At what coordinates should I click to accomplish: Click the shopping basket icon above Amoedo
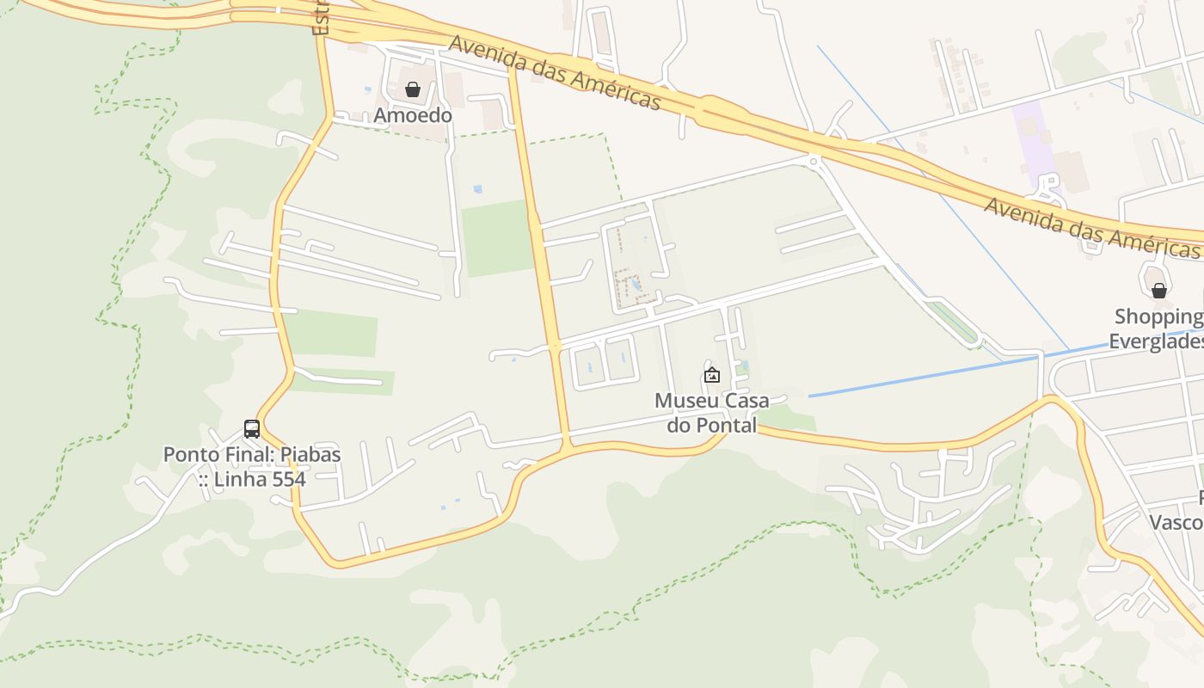[413, 89]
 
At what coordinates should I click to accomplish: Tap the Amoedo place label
[413, 115]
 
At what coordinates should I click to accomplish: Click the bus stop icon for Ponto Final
[252, 428]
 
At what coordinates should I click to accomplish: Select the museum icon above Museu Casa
[712, 375]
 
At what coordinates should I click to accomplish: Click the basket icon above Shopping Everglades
[1159, 291]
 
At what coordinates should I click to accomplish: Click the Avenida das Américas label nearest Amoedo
[555, 72]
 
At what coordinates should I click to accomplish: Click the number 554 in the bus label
[288, 479]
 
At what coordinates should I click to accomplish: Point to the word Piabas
[308, 454]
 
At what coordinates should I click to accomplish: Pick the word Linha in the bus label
[240, 479]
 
